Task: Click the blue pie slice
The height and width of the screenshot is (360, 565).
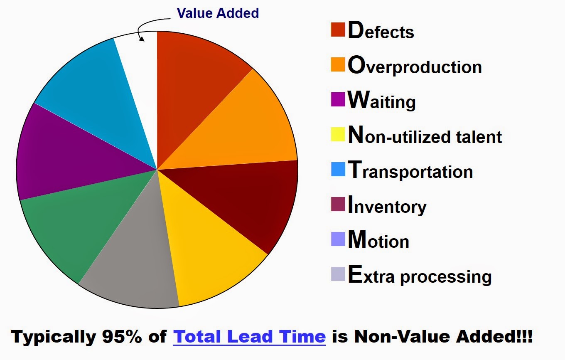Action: (91, 96)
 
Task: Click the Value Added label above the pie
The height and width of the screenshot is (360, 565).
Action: (218, 13)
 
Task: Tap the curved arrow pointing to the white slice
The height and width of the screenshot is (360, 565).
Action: (145, 29)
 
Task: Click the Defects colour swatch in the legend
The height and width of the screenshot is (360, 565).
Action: (338, 30)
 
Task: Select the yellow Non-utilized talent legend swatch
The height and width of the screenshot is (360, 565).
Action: (338, 135)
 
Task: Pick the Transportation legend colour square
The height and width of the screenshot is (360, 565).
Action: (338, 170)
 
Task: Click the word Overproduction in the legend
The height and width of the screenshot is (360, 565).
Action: (415, 67)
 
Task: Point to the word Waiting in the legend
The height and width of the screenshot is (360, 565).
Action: (381, 101)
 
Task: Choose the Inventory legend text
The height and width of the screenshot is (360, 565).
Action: (387, 207)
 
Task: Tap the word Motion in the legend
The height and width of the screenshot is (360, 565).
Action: (378, 241)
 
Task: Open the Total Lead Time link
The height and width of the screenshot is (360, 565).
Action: (249, 336)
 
